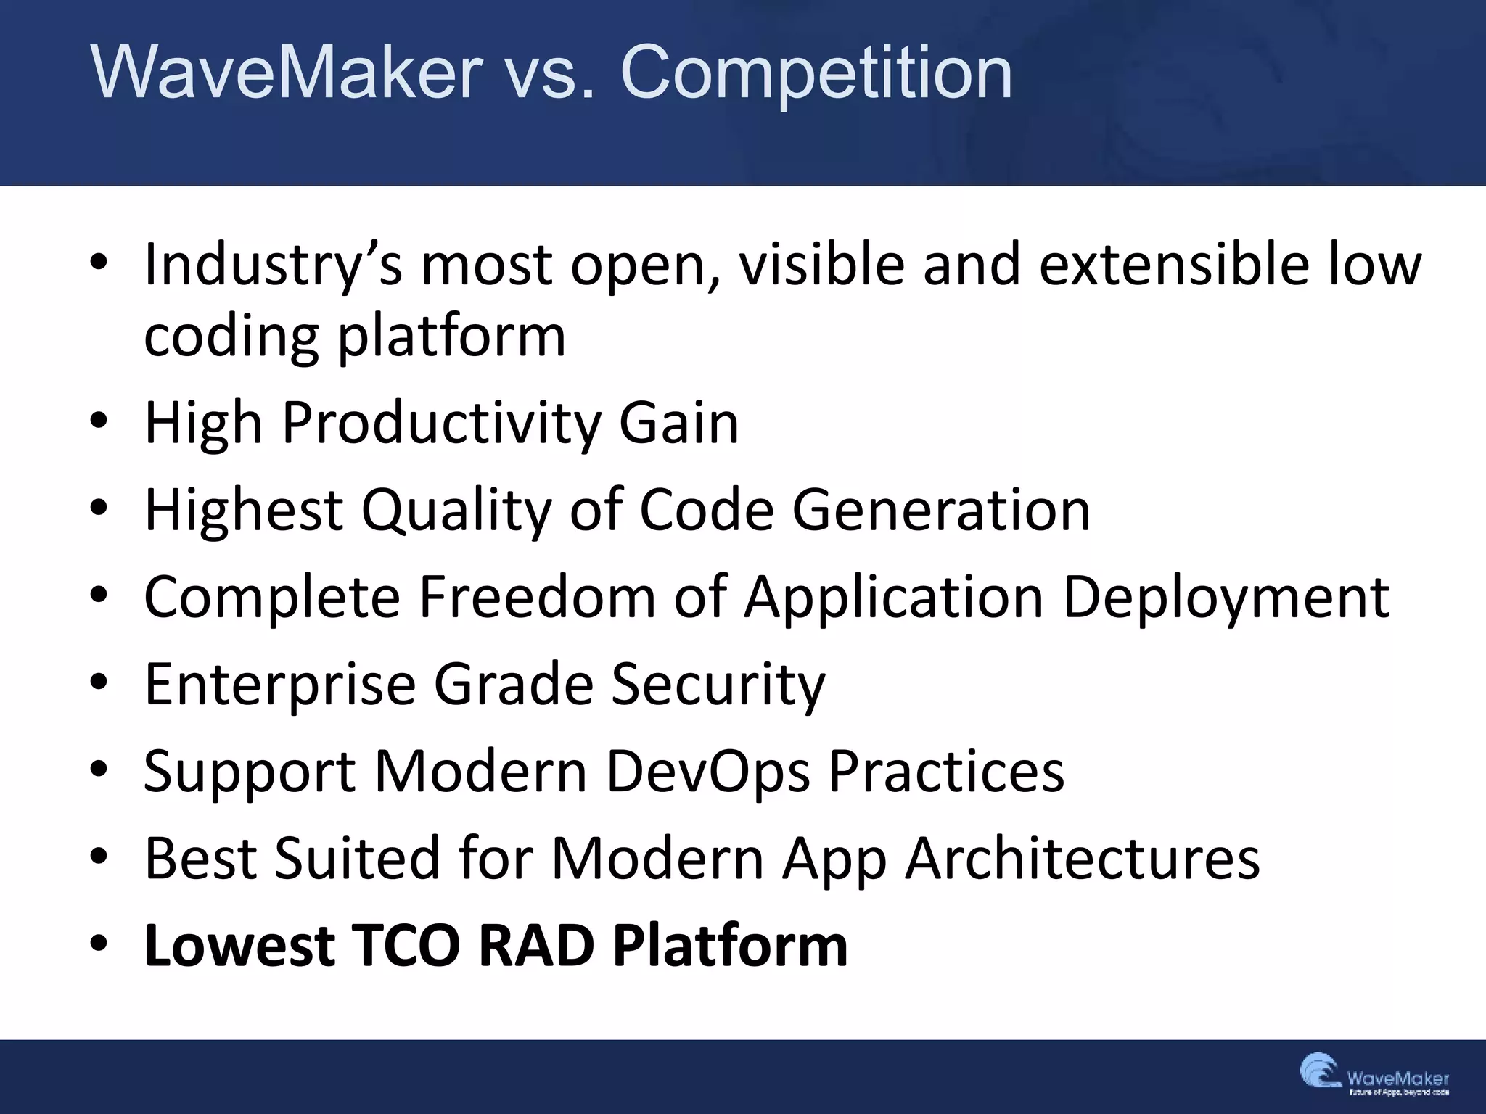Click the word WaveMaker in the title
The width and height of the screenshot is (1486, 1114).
287,73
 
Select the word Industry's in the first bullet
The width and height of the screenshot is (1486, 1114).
273,265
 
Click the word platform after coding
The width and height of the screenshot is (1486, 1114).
451,338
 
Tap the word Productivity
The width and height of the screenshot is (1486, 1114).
440,424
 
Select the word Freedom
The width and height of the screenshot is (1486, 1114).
537,598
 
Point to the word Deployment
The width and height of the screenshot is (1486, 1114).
1226,599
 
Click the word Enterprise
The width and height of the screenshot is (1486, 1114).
280,685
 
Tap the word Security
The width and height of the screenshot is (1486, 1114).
718,685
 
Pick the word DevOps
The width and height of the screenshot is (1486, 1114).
708,772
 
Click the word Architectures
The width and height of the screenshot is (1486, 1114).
1083,859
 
